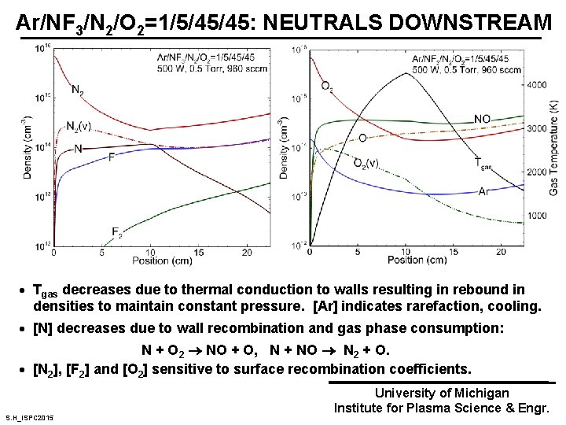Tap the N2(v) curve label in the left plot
point(77,125)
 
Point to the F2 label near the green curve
point(116,231)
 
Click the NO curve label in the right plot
point(483,119)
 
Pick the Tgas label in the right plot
point(485,162)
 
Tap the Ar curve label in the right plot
point(486,191)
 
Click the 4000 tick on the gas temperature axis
point(537,84)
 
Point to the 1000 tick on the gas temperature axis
point(537,215)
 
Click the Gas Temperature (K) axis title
point(553,150)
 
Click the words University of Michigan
point(442,392)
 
